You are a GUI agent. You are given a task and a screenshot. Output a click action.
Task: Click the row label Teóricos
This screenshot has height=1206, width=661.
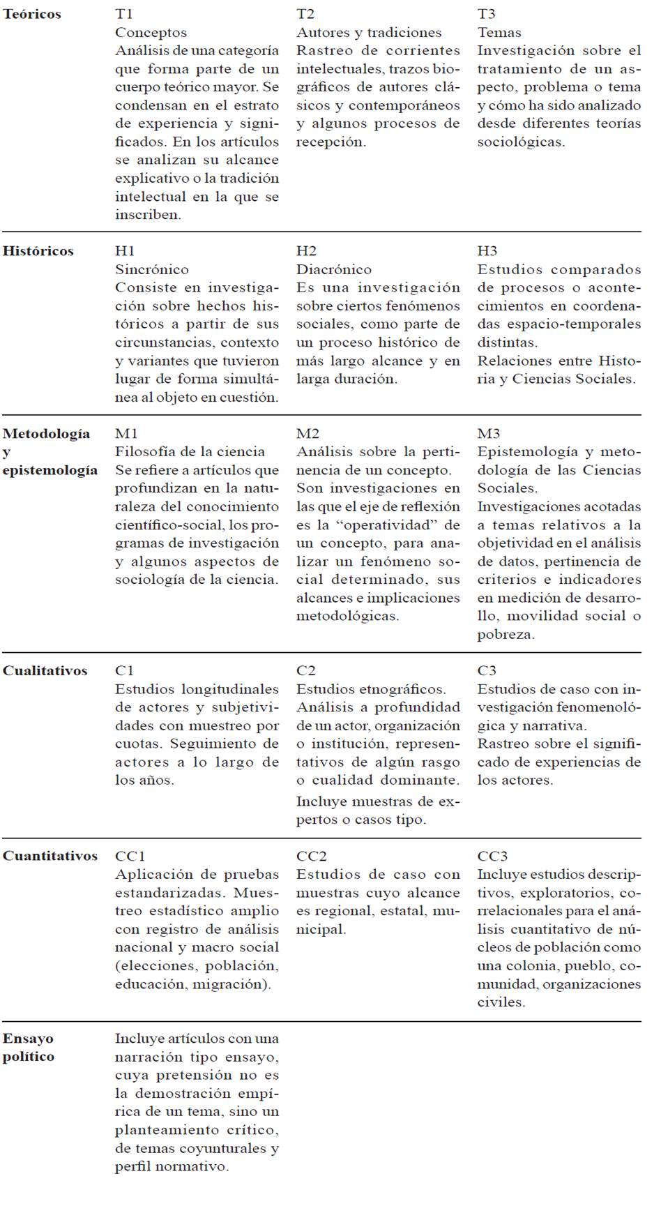[x=32, y=14]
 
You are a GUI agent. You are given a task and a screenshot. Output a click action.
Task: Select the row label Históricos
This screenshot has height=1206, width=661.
[x=38, y=251]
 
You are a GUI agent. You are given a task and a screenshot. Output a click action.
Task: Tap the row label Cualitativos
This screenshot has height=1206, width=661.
[x=45, y=671]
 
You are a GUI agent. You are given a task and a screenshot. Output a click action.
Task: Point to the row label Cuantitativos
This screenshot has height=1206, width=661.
[x=50, y=857]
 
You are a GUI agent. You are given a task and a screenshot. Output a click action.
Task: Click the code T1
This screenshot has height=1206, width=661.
[x=124, y=14]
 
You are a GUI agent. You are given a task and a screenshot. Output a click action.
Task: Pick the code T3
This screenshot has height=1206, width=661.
[x=487, y=14]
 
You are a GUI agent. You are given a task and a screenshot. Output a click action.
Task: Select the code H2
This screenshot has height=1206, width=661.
[x=306, y=251]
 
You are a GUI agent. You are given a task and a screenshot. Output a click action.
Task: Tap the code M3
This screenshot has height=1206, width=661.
[x=489, y=434]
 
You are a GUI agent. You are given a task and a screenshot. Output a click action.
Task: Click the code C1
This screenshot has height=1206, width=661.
[x=125, y=671]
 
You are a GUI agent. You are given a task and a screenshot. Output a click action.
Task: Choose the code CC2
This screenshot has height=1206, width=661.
[x=312, y=857]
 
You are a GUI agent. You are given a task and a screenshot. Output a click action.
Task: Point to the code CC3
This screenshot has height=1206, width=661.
[x=493, y=857]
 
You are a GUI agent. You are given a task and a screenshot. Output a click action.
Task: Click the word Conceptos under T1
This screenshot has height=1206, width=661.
[x=151, y=33]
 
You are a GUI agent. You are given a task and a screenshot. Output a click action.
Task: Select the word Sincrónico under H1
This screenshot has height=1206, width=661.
[x=151, y=270]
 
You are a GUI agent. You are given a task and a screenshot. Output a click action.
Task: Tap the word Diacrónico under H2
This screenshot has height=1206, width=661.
[x=334, y=270]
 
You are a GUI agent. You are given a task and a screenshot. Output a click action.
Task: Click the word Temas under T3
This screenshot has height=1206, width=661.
[x=499, y=33]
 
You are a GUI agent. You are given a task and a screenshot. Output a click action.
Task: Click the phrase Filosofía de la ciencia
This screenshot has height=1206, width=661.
[x=190, y=452]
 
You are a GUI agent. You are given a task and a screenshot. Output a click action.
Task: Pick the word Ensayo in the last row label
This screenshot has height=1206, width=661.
[x=28, y=1039]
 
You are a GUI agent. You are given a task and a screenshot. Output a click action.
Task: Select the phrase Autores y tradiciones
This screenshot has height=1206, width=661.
[x=369, y=33]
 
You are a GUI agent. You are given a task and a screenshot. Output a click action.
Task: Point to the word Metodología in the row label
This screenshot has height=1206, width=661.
[x=46, y=434]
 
